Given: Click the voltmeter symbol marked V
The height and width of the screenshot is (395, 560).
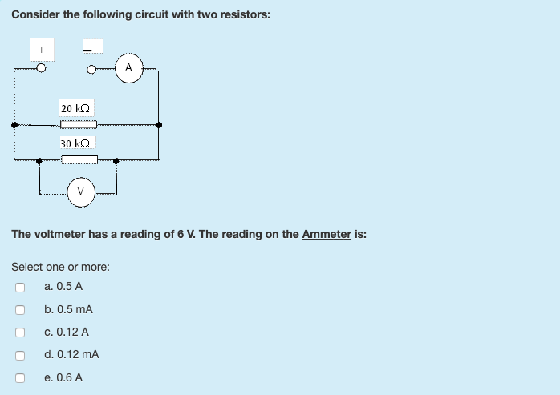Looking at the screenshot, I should point(79,191).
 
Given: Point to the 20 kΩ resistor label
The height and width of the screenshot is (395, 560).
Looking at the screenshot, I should point(75,107).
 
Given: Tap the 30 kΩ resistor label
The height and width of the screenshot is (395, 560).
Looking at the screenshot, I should point(75,143).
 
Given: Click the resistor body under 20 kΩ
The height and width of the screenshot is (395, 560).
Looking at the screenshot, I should point(79,124).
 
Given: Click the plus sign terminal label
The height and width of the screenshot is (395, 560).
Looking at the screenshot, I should point(41,50).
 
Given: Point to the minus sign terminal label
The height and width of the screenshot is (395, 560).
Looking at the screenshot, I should point(90,48).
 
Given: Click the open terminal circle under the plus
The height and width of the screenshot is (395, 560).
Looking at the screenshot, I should point(41,68).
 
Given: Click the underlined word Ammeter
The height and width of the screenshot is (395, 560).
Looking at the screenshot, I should point(327,234).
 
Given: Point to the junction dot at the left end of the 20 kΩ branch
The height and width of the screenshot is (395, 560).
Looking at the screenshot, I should point(14,125).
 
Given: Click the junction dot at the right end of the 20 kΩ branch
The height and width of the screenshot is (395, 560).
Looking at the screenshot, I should point(159,125).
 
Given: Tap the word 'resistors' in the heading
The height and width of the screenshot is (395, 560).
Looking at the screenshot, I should point(246,14).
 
